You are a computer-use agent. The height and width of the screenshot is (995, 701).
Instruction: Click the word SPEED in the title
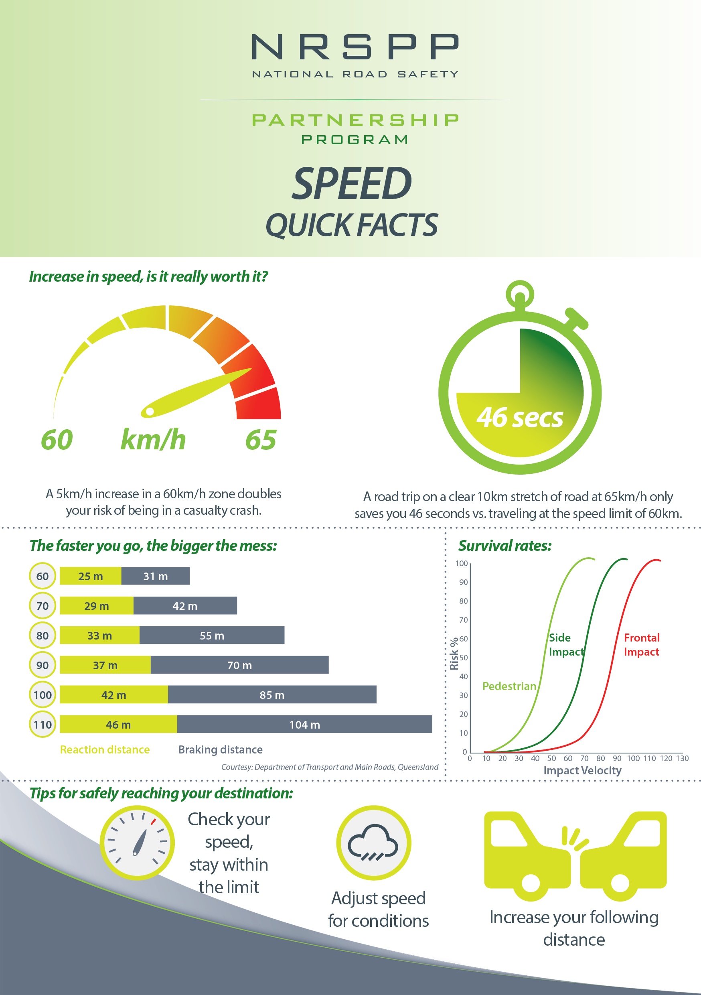coord(352,184)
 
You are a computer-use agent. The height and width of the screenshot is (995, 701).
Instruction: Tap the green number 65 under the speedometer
coord(261,440)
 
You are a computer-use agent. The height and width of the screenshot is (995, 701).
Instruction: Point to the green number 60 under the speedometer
coord(57,440)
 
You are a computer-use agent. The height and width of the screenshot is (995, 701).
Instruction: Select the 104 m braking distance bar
coord(304,724)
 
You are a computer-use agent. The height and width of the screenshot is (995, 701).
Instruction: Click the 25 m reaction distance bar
coord(91,576)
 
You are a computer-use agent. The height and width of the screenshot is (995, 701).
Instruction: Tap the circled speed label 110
coord(43,724)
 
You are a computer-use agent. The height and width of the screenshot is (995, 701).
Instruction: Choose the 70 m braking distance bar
coord(239,665)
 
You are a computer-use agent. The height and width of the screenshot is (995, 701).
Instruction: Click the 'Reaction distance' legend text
coord(105,749)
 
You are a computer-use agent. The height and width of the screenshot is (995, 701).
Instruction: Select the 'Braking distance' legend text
coord(220,749)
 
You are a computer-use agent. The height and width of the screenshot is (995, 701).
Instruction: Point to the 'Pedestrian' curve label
coord(509,686)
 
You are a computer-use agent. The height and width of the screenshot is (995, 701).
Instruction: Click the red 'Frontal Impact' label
coord(641,644)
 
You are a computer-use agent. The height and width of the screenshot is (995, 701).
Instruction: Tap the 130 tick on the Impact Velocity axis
coord(682,758)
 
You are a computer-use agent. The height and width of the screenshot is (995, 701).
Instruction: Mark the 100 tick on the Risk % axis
coord(462,563)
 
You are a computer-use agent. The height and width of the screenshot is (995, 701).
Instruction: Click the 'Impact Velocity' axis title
coord(582,770)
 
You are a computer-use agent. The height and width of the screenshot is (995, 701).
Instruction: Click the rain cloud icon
coord(373,842)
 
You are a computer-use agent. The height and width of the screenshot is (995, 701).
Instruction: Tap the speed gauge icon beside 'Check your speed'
coord(137,843)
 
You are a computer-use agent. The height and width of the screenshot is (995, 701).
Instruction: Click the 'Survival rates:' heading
coord(505,546)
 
